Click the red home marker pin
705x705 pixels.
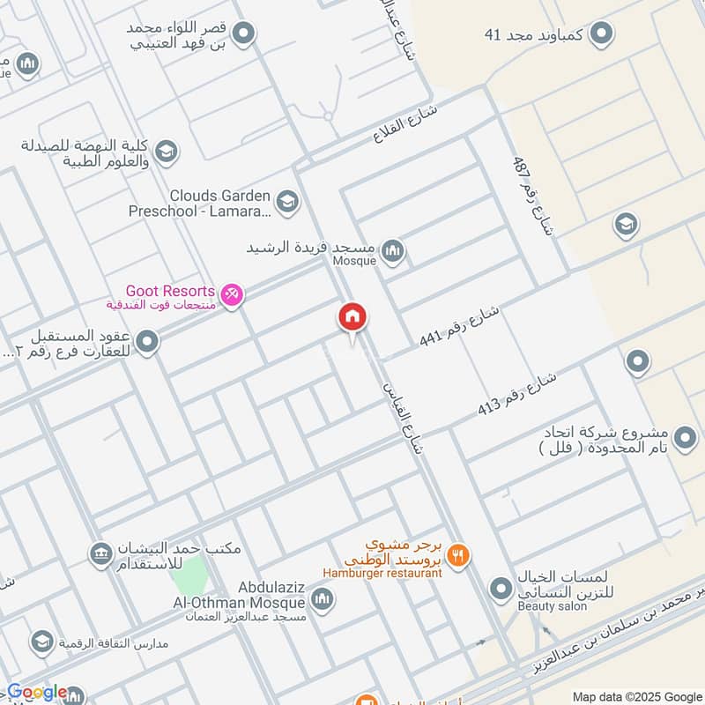click(x=352, y=318)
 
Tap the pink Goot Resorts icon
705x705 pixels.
click(x=232, y=294)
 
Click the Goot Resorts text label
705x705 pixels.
click(x=171, y=291)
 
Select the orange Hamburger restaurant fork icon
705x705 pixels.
click(x=457, y=556)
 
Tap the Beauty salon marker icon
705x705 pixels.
click(x=501, y=588)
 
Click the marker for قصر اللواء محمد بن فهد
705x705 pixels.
click(x=246, y=34)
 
